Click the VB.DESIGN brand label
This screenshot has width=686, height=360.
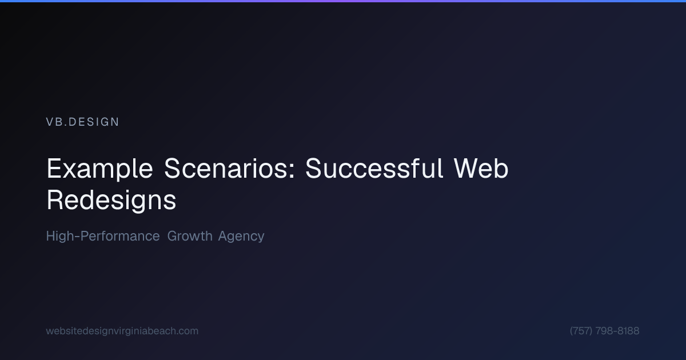[82, 122]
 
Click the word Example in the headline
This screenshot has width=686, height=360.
[99, 169]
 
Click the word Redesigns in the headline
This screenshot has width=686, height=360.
[111, 200]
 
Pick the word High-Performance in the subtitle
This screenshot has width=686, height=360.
[103, 236]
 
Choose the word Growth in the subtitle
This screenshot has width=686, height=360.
[190, 236]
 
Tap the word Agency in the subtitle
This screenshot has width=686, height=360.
[241, 237]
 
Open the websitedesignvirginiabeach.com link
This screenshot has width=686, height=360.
[122, 331]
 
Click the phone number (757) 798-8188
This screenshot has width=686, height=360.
[604, 331]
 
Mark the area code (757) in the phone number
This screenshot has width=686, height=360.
[581, 331]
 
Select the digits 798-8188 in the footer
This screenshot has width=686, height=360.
[617, 331]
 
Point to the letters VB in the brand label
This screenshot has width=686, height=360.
[53, 122]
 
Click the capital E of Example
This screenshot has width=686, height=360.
[53, 169]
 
